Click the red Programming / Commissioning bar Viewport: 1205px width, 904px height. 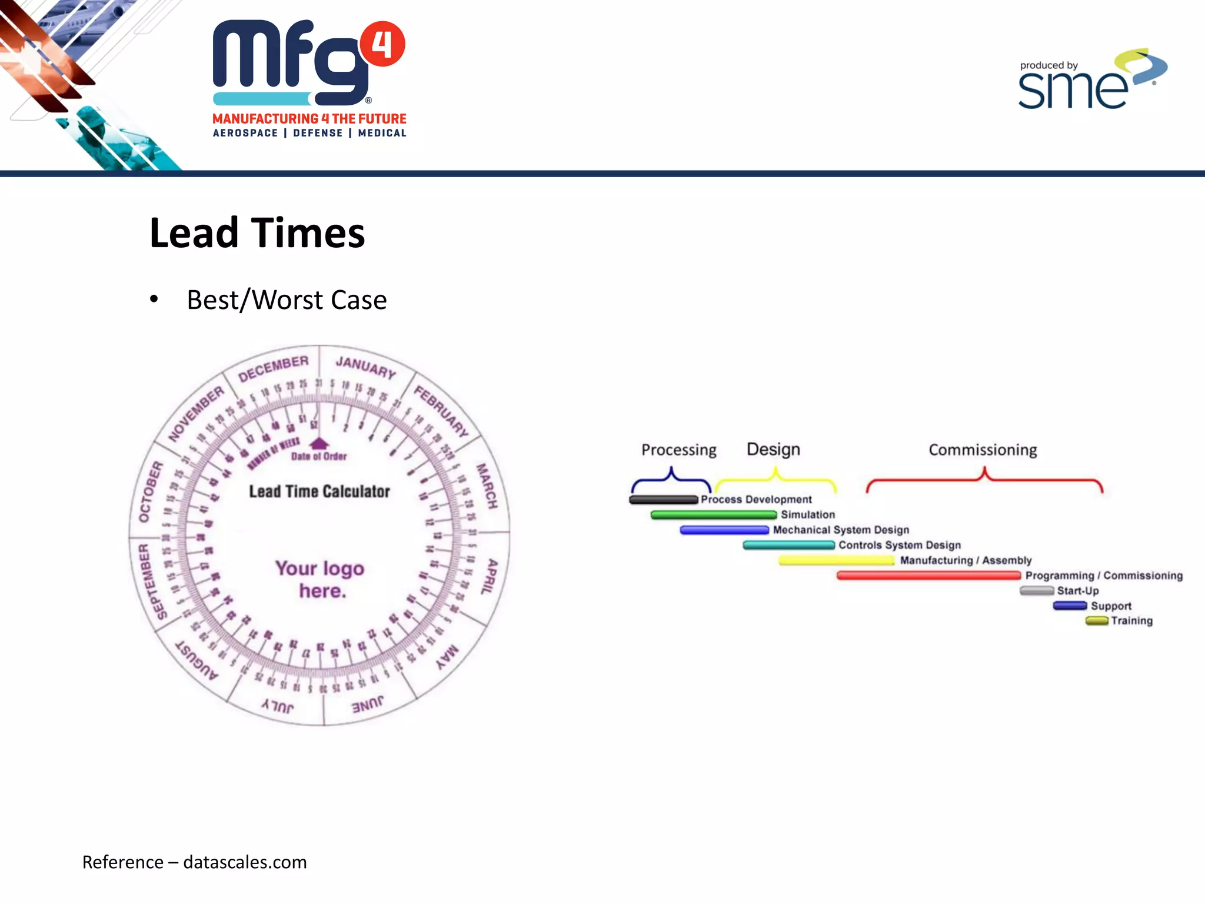point(928,575)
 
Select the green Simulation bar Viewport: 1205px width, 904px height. point(713,515)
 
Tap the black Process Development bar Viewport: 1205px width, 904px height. point(663,500)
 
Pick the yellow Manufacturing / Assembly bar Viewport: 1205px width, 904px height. point(836,560)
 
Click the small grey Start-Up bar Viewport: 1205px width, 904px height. point(1037,590)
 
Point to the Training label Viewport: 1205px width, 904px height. point(1131,620)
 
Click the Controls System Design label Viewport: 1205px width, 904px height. point(899,545)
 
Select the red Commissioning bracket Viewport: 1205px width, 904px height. point(984,480)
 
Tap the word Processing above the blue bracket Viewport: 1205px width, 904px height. point(678,450)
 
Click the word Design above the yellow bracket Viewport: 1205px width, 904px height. point(773,449)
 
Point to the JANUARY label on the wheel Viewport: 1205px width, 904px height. point(365,367)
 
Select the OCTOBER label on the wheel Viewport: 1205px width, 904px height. point(150,491)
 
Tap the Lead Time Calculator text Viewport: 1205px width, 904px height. point(319,491)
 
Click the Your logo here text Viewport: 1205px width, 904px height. point(320,579)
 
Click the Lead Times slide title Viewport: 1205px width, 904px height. point(257,232)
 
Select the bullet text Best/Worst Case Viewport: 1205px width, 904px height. point(287,300)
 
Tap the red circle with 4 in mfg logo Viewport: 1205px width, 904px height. point(382,44)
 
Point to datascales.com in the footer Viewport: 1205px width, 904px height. point(245,862)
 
